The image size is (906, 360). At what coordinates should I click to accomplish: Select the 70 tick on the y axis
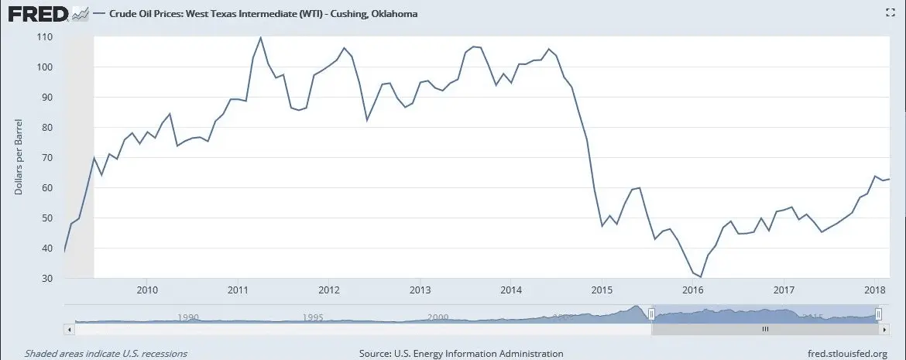tap(46, 158)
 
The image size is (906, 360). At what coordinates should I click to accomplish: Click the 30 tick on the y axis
tap(46, 279)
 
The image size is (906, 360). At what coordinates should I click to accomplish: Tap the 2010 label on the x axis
tap(147, 290)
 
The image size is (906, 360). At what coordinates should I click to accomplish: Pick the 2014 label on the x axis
tap(510, 290)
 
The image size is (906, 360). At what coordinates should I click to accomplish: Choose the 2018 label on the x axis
tap(874, 290)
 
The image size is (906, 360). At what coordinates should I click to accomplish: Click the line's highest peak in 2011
tap(260, 38)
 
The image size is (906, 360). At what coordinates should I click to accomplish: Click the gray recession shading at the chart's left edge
tap(78, 155)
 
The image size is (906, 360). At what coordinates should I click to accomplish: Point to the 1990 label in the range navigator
tap(188, 317)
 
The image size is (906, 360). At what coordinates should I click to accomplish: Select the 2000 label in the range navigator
tap(438, 317)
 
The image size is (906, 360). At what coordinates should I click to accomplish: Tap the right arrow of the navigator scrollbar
tap(883, 329)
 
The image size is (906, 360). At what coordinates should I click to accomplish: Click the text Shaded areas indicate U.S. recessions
tap(105, 353)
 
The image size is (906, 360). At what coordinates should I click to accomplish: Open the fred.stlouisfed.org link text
tap(846, 353)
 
